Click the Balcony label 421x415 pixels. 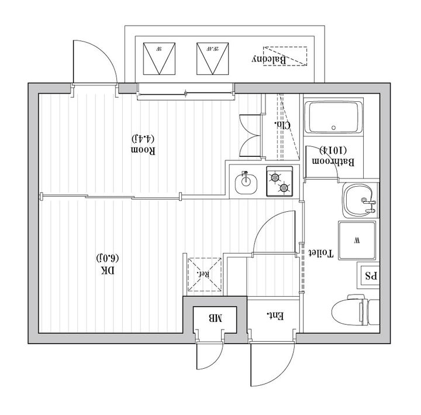point(269,60)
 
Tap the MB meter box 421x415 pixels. point(215,319)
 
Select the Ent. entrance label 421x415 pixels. point(275,316)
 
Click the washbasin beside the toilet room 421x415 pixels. point(358,201)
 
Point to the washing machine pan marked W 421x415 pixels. point(356,240)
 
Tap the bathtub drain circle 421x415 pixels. point(333,126)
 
